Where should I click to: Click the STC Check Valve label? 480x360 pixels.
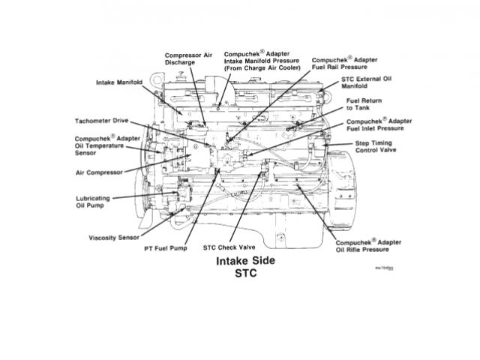pyautogui.click(x=228, y=247)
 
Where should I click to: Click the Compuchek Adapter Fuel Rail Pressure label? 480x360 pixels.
pyautogui.click(x=344, y=62)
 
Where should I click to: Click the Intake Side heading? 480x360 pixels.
pyautogui.click(x=245, y=262)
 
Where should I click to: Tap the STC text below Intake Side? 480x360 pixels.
pyautogui.click(x=245, y=274)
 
